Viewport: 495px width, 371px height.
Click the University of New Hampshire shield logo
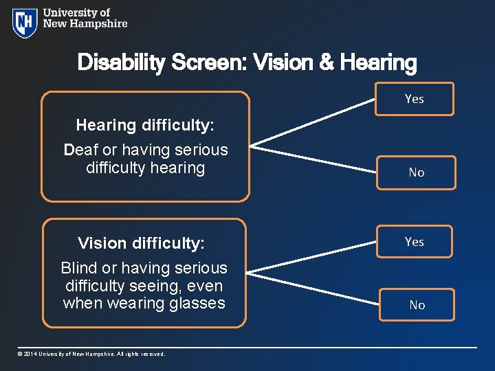[25, 23]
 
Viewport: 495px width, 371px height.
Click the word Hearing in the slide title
[378, 63]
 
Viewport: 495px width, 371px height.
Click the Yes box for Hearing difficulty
[415, 99]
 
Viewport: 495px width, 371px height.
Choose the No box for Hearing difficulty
[416, 172]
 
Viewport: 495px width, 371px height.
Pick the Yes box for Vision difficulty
[414, 242]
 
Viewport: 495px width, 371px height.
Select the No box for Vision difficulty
[417, 305]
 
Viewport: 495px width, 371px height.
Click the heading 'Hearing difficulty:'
[145, 125]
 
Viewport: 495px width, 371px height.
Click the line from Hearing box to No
[313, 157]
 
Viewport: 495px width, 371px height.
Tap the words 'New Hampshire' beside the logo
[85, 24]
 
